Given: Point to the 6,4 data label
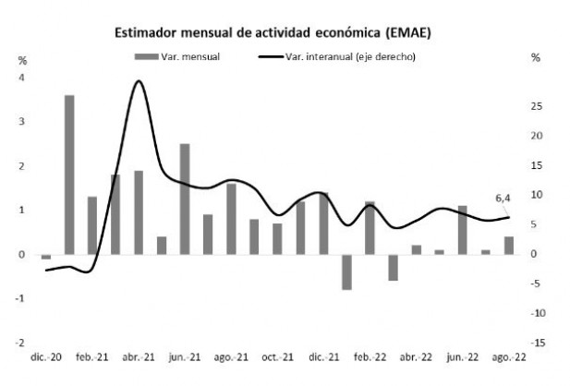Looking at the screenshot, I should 503,197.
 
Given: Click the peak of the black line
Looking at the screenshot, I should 138,81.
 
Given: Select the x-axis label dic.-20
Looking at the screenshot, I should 45,357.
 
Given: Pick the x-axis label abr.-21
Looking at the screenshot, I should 138,357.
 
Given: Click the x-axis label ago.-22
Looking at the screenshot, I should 507,357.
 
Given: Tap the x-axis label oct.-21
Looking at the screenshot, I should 276,357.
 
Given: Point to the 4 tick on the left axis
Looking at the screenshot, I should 22,77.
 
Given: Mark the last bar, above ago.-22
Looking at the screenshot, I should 508,245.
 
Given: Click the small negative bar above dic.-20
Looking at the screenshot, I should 46,257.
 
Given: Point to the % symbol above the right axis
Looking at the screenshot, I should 535,57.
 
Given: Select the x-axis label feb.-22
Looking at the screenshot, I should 369,357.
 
